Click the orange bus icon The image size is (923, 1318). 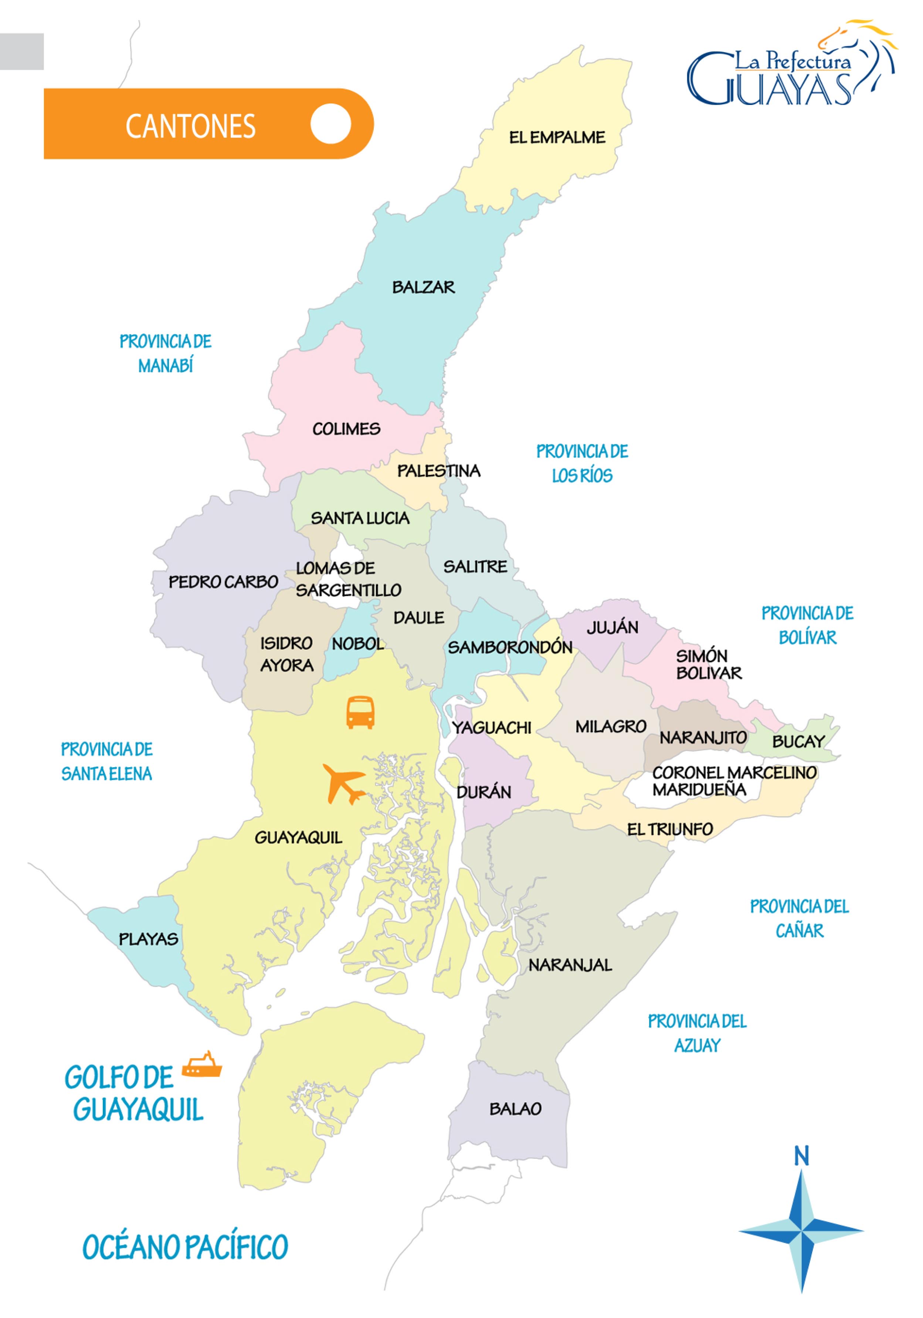[x=360, y=712]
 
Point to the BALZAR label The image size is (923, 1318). [x=423, y=287]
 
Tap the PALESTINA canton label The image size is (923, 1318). [x=438, y=471]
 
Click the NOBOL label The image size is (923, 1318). [x=357, y=643]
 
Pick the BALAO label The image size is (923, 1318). [x=515, y=1108]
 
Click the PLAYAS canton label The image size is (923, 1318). [x=148, y=939]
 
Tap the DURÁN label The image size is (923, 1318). [x=483, y=792]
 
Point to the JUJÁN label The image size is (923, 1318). [x=612, y=627]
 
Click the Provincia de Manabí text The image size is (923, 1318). [x=165, y=353]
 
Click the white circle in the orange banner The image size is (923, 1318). [x=330, y=123]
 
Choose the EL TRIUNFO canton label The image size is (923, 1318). [x=669, y=829]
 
